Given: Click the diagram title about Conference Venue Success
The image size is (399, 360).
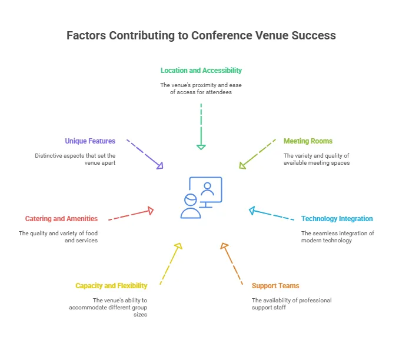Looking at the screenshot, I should click(x=201, y=35).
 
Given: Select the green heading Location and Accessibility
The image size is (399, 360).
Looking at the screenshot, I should click(x=201, y=71).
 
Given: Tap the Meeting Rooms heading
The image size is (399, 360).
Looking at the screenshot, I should click(x=308, y=141).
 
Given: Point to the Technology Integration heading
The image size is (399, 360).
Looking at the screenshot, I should click(x=337, y=219).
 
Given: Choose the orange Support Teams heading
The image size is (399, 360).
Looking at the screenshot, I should click(x=275, y=286).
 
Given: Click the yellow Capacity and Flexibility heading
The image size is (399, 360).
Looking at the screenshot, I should click(x=111, y=286).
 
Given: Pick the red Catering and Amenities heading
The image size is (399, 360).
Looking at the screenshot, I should click(x=61, y=219).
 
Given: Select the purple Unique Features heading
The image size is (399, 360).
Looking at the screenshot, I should click(x=90, y=141).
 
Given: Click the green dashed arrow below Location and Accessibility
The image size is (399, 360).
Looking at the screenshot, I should click(x=201, y=126).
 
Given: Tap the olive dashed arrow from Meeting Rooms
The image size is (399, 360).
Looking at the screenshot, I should click(x=257, y=154).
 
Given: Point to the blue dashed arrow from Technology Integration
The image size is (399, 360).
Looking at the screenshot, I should click(x=271, y=215).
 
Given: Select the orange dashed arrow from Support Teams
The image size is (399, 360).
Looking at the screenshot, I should click(x=232, y=264).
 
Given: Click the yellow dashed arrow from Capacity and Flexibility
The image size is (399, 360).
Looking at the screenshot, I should click(x=169, y=264).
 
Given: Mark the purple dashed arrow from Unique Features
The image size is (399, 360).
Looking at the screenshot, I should click(x=145, y=154).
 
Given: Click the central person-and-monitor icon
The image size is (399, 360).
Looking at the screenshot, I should click(x=201, y=198).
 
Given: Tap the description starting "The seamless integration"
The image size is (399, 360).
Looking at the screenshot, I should click(x=338, y=236).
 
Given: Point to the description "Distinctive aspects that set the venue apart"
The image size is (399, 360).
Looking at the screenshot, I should click(x=74, y=159).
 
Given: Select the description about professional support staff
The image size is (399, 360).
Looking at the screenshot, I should click(x=291, y=304).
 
